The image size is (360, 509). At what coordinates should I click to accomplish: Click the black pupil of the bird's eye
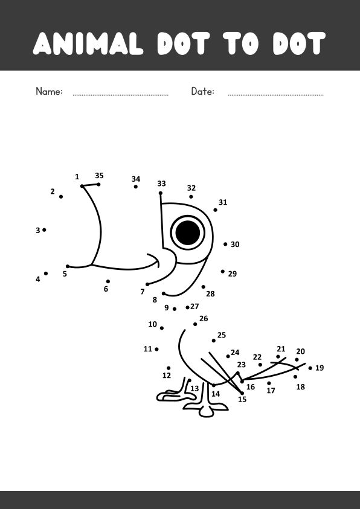[x=188, y=232]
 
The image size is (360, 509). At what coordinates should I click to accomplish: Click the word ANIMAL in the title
[x=88, y=43]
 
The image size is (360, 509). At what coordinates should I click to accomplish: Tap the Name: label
[x=49, y=91]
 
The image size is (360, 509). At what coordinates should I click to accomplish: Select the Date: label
[x=202, y=91]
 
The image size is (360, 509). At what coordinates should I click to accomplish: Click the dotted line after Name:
[x=120, y=95]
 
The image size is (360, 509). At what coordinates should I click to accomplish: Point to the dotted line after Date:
[x=275, y=95]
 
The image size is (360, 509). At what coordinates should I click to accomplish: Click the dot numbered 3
[x=44, y=230]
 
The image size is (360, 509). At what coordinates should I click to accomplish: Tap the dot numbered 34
[x=136, y=187]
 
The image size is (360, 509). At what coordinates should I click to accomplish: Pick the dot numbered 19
[x=310, y=368]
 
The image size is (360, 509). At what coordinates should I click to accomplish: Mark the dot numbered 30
[x=225, y=244]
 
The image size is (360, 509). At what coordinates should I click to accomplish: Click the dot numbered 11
[x=156, y=349]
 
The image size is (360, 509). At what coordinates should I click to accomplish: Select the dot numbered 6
[x=108, y=281]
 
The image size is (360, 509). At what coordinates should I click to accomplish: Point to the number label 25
[x=222, y=335]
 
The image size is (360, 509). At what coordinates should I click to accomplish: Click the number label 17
[x=271, y=391]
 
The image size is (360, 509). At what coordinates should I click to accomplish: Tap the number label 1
[x=77, y=177]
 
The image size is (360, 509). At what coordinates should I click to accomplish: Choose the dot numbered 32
[x=191, y=197]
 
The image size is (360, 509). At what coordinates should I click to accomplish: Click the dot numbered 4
[x=46, y=274]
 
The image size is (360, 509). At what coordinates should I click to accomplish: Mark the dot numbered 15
[x=242, y=393]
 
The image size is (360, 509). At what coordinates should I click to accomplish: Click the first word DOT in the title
[x=184, y=43]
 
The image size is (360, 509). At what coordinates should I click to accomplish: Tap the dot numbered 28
[x=203, y=287]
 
